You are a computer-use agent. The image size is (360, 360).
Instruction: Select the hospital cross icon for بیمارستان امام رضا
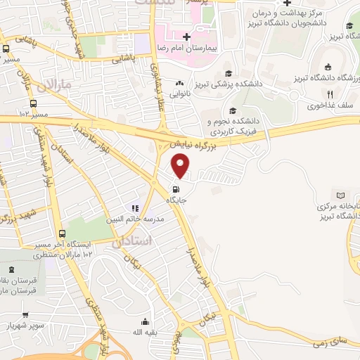[x=185, y=36]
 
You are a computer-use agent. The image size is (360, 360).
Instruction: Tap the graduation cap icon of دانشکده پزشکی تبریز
[x=228, y=73]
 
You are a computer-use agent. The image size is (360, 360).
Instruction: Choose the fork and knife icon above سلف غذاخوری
[x=328, y=94]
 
